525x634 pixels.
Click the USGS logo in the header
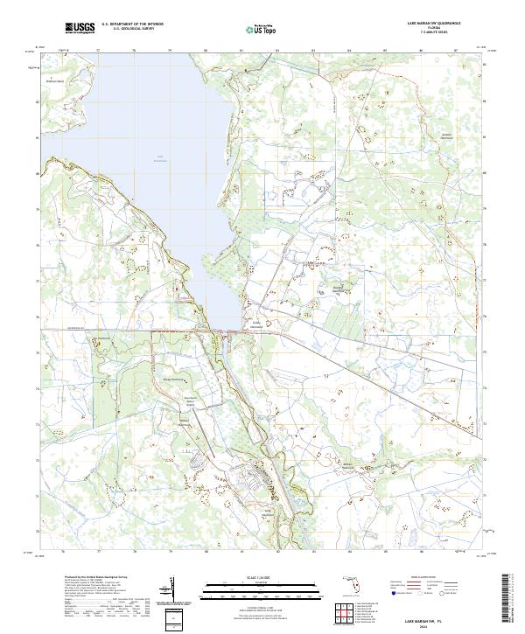tap(80, 29)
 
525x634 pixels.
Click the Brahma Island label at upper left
tap(55, 80)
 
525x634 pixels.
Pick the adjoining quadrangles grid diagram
tap(343, 613)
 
